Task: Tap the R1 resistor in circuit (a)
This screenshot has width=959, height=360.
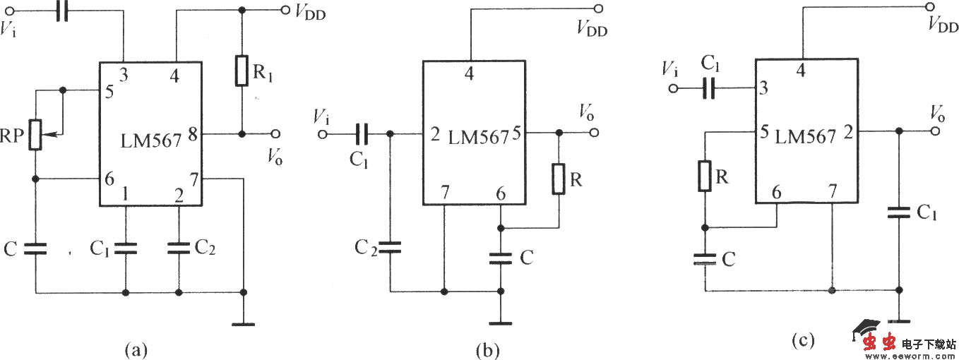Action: [x=242, y=71]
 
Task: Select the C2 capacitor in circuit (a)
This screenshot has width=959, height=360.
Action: [x=179, y=247]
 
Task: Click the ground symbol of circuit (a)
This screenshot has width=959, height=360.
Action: [x=243, y=324]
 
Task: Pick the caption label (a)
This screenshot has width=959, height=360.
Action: [x=135, y=349]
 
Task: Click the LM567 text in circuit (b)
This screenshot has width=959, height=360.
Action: [x=478, y=138]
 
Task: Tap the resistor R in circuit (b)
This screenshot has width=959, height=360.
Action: [x=559, y=179]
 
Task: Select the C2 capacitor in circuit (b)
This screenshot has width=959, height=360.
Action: [x=389, y=247]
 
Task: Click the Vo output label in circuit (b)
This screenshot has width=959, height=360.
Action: [x=585, y=112]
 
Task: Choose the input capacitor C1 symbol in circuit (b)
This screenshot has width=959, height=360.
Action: [x=362, y=133]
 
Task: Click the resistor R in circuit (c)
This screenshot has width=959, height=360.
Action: [x=705, y=176]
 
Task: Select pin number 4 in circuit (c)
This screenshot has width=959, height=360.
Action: [x=800, y=71]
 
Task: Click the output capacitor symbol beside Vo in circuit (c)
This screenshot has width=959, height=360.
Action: [x=898, y=211]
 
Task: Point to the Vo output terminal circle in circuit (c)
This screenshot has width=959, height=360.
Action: [x=936, y=131]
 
